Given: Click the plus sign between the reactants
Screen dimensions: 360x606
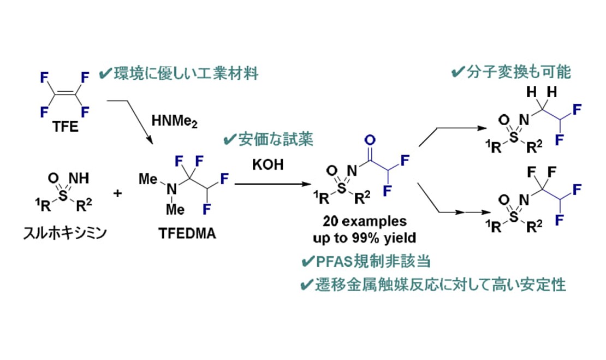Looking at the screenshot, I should tap(117, 193).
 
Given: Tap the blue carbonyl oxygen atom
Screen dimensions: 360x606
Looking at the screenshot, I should tap(371, 140).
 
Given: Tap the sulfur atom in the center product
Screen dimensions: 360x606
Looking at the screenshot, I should tap(342, 188).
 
